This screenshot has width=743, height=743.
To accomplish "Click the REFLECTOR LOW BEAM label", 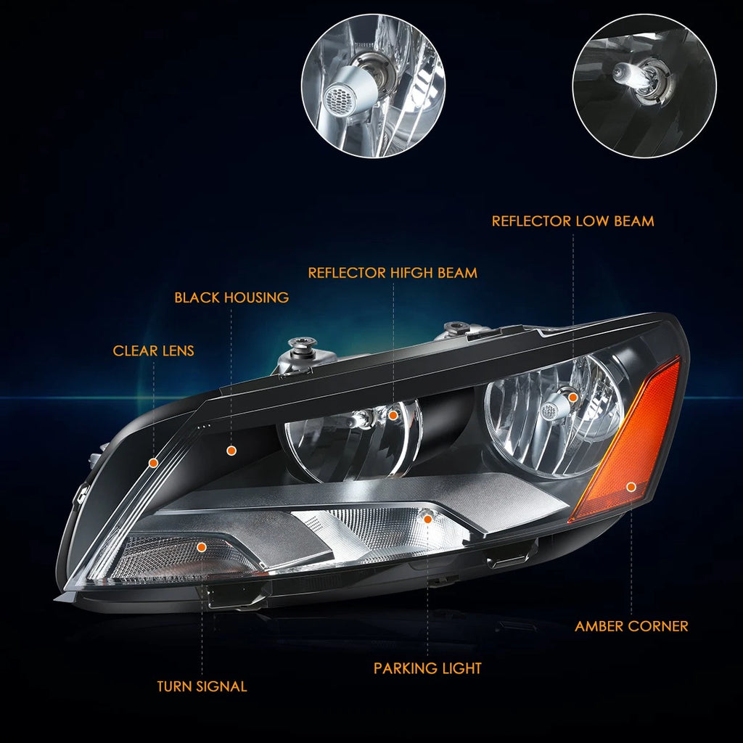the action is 572,221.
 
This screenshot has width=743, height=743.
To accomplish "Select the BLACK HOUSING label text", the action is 231,297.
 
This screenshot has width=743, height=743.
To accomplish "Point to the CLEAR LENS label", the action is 154,350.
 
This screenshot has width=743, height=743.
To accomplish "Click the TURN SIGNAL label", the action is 202,686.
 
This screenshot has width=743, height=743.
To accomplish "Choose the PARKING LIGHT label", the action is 427,668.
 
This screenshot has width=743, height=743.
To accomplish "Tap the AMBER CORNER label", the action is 631,626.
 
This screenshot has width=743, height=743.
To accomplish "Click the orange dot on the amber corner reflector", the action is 631,487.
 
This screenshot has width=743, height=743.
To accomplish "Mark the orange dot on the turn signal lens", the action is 202,547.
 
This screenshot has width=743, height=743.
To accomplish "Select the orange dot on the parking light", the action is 427,520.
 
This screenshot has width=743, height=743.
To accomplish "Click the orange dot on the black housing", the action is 231,451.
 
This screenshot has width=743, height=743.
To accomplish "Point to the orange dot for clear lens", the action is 153,462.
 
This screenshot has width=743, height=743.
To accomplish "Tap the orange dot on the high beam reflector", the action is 393,416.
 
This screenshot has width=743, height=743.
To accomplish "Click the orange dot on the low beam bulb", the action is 573,397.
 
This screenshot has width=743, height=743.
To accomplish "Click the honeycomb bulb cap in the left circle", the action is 340,98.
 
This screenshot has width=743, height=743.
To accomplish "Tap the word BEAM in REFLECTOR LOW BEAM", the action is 634,221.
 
